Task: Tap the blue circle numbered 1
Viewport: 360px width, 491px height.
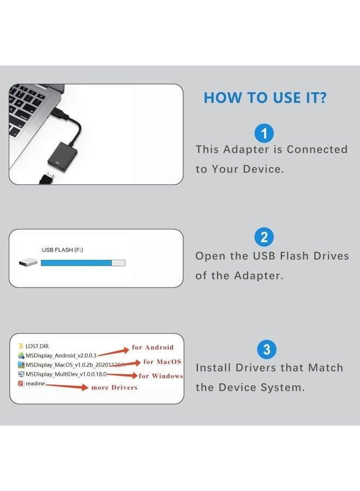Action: tap(265, 133)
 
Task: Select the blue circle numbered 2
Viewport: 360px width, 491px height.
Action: tap(265, 237)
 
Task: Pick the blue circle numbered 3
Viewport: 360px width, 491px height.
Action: tap(266, 349)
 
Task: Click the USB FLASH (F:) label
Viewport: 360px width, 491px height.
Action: tap(62, 250)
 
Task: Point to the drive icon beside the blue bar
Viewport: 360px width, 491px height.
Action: tap(28, 263)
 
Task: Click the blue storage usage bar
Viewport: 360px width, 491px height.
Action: tap(76, 263)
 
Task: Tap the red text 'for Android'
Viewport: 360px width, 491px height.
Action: tap(152, 347)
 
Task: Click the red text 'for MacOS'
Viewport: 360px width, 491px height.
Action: tap(162, 362)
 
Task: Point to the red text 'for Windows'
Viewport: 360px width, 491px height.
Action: tap(161, 376)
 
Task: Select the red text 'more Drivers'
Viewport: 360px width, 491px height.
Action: tap(114, 387)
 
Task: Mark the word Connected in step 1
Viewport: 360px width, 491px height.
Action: tap(317, 149)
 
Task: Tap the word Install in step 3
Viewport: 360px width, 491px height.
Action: tap(214, 368)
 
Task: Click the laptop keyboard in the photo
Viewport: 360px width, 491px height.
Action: tap(30, 109)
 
